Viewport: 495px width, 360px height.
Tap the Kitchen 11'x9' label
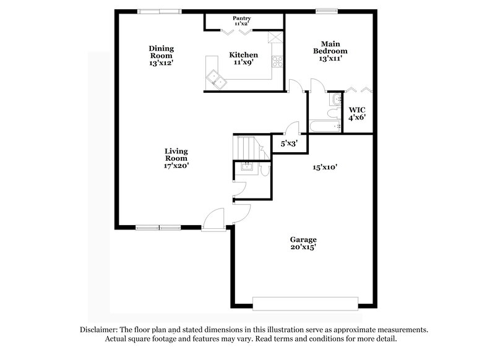(243, 59)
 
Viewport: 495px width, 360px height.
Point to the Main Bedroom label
(330, 51)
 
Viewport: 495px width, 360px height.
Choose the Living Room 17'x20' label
(176, 158)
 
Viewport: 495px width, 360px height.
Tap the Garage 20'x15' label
(303, 243)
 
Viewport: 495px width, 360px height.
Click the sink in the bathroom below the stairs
(246, 166)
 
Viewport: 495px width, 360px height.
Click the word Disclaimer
(100, 330)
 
